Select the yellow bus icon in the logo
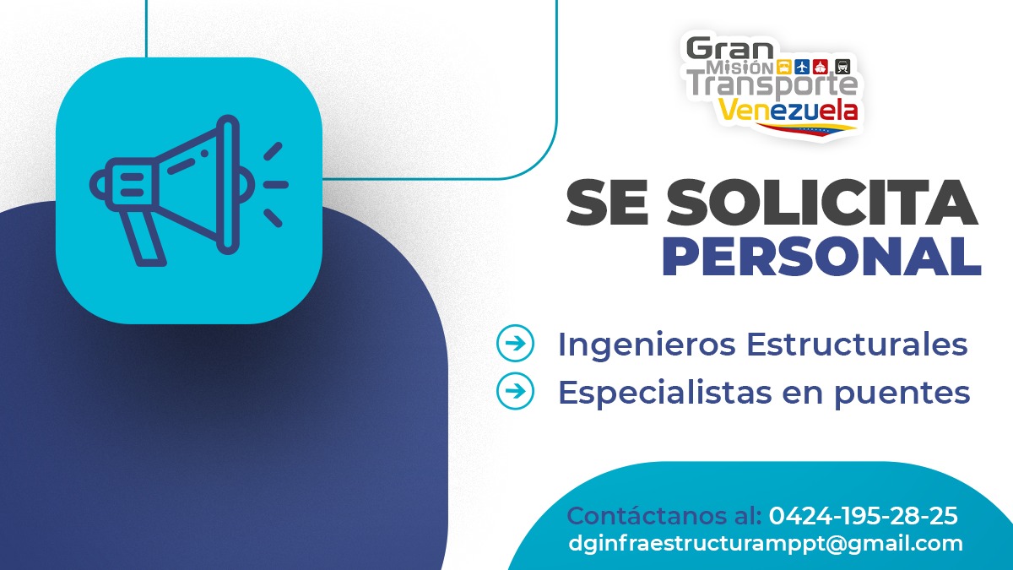(784, 67)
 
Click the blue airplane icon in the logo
(803, 67)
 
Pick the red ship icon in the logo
(822, 67)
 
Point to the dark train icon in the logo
(842, 67)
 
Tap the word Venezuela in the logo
(789, 110)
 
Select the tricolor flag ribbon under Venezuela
(807, 128)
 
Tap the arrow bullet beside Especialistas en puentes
(515, 391)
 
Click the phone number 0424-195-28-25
(863, 515)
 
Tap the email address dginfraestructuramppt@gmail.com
(766, 543)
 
